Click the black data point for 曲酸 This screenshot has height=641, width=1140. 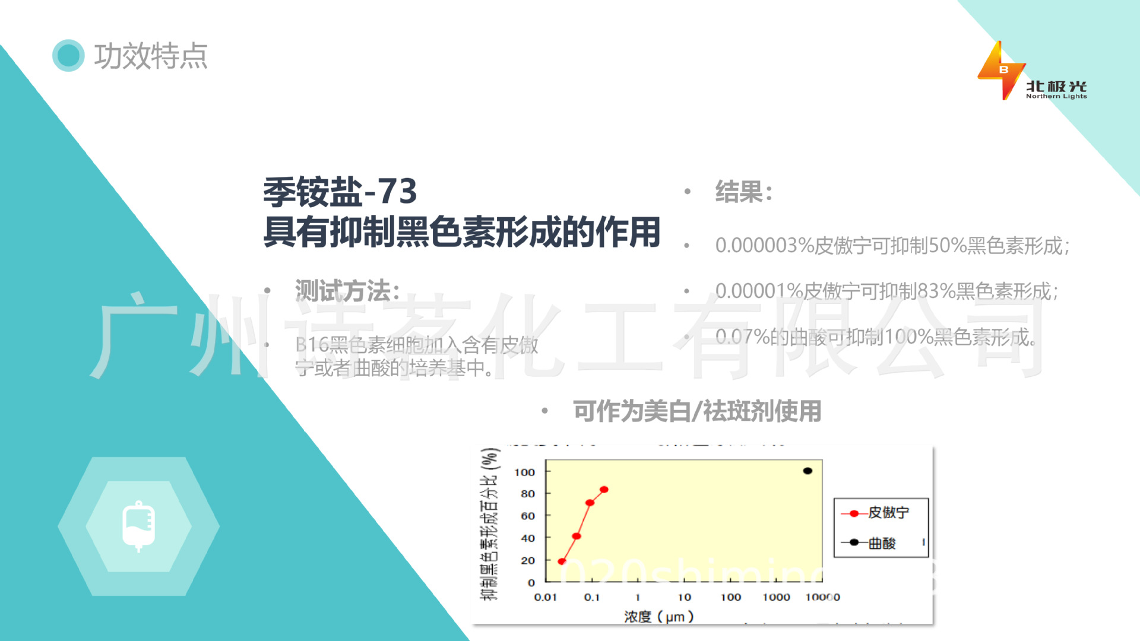(807, 471)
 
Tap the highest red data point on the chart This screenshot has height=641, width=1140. (604, 490)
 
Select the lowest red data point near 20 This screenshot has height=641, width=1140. (562, 561)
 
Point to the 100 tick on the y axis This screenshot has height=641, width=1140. (525, 472)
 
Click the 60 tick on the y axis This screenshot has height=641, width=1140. (528, 516)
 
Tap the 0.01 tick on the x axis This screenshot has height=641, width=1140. (545, 597)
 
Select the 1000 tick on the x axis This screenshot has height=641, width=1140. (776, 597)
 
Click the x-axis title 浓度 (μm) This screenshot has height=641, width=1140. (658, 617)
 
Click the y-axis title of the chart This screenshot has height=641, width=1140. (489, 523)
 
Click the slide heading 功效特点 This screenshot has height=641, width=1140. (151, 56)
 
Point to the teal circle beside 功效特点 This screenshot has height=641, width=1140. (68, 56)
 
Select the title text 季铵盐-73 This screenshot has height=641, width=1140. (340, 192)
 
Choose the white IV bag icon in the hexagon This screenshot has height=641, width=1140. (138, 526)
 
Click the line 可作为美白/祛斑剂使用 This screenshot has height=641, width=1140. (697, 411)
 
